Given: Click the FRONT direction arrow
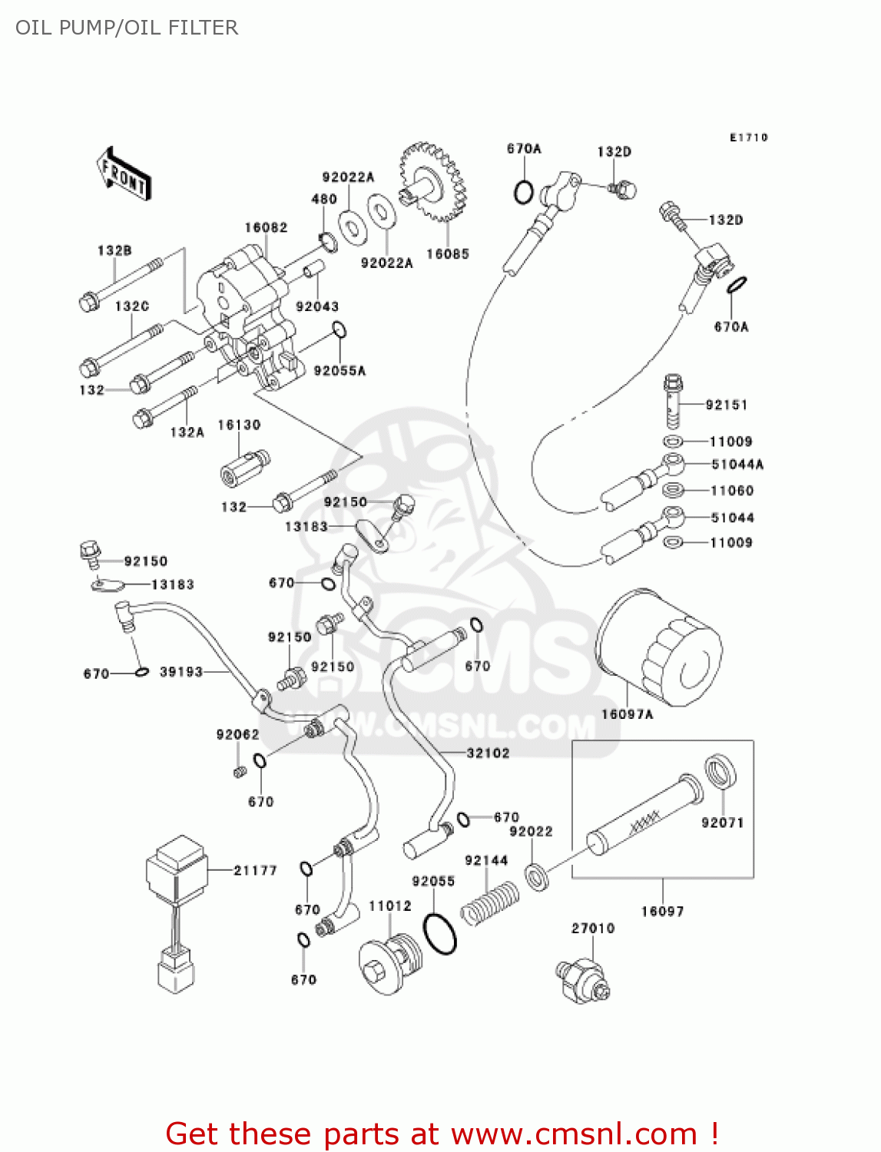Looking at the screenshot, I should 124,175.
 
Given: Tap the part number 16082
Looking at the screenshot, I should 266,227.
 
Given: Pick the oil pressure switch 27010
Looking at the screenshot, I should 582,979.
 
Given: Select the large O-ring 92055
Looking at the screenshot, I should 440,932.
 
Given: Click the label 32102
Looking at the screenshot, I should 488,753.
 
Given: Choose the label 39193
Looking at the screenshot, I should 181,672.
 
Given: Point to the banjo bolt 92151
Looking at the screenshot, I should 673,401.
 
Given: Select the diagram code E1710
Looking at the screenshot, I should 748,137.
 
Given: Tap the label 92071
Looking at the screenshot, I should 722,823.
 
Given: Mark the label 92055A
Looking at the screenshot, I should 339,371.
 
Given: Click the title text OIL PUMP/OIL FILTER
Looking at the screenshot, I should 127,28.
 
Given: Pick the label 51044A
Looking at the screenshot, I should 737,464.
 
